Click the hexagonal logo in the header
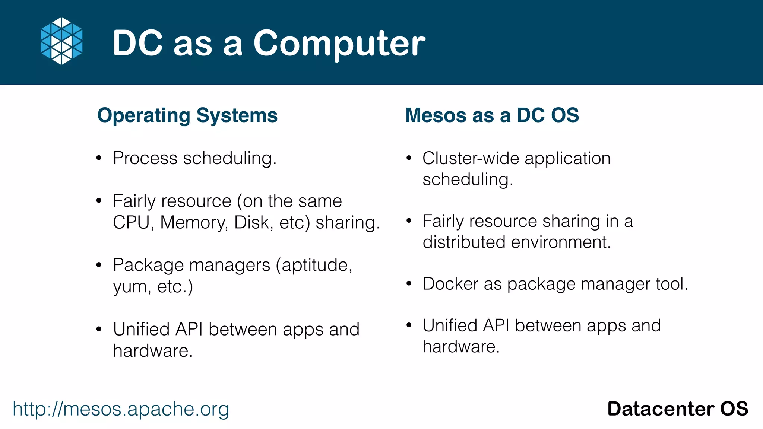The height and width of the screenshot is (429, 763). point(61,41)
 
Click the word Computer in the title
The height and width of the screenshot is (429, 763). point(339,44)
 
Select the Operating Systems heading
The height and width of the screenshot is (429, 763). point(187,115)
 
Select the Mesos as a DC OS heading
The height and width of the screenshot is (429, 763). point(492,115)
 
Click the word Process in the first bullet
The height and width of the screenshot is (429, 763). point(145,158)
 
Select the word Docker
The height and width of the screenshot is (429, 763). point(450,284)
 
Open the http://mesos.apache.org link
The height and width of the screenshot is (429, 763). point(121,409)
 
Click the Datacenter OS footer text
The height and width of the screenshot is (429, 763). point(677,409)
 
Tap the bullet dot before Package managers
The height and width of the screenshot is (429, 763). point(99,265)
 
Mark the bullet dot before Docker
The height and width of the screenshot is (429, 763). point(409,284)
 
